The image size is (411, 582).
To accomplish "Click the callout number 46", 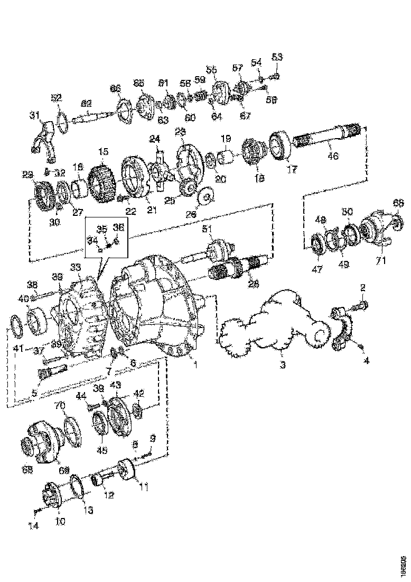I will click(333, 156).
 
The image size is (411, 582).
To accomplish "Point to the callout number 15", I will click(103, 151).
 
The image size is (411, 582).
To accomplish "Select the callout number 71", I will click(381, 260).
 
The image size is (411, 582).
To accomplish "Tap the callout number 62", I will click(86, 104).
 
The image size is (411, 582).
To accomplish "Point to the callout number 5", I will click(35, 393).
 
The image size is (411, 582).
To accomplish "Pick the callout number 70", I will click(59, 406).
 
